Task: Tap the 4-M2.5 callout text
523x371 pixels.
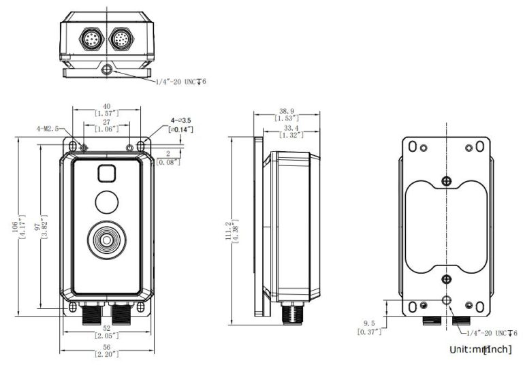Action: click(48, 127)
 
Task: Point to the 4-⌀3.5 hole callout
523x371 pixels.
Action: click(180, 120)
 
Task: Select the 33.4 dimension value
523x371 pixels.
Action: click(291, 127)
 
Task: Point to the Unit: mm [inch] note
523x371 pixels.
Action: click(480, 349)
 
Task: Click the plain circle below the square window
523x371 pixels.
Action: click(106, 203)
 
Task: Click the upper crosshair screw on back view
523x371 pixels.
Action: click(446, 180)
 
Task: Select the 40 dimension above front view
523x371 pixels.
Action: click(106, 106)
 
